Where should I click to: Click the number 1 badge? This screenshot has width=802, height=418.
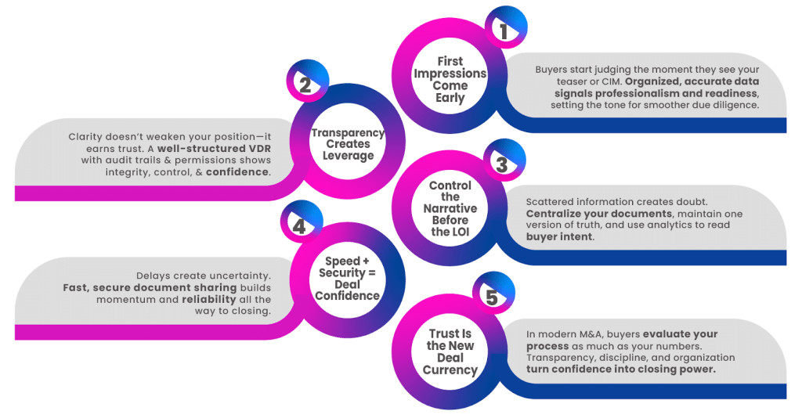504,31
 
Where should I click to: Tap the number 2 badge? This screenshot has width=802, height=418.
303,82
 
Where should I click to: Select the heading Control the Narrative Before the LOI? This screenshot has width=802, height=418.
450,209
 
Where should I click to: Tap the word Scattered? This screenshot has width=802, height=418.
551,202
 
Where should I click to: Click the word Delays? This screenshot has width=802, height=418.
154,276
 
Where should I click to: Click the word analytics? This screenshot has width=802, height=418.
677,225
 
